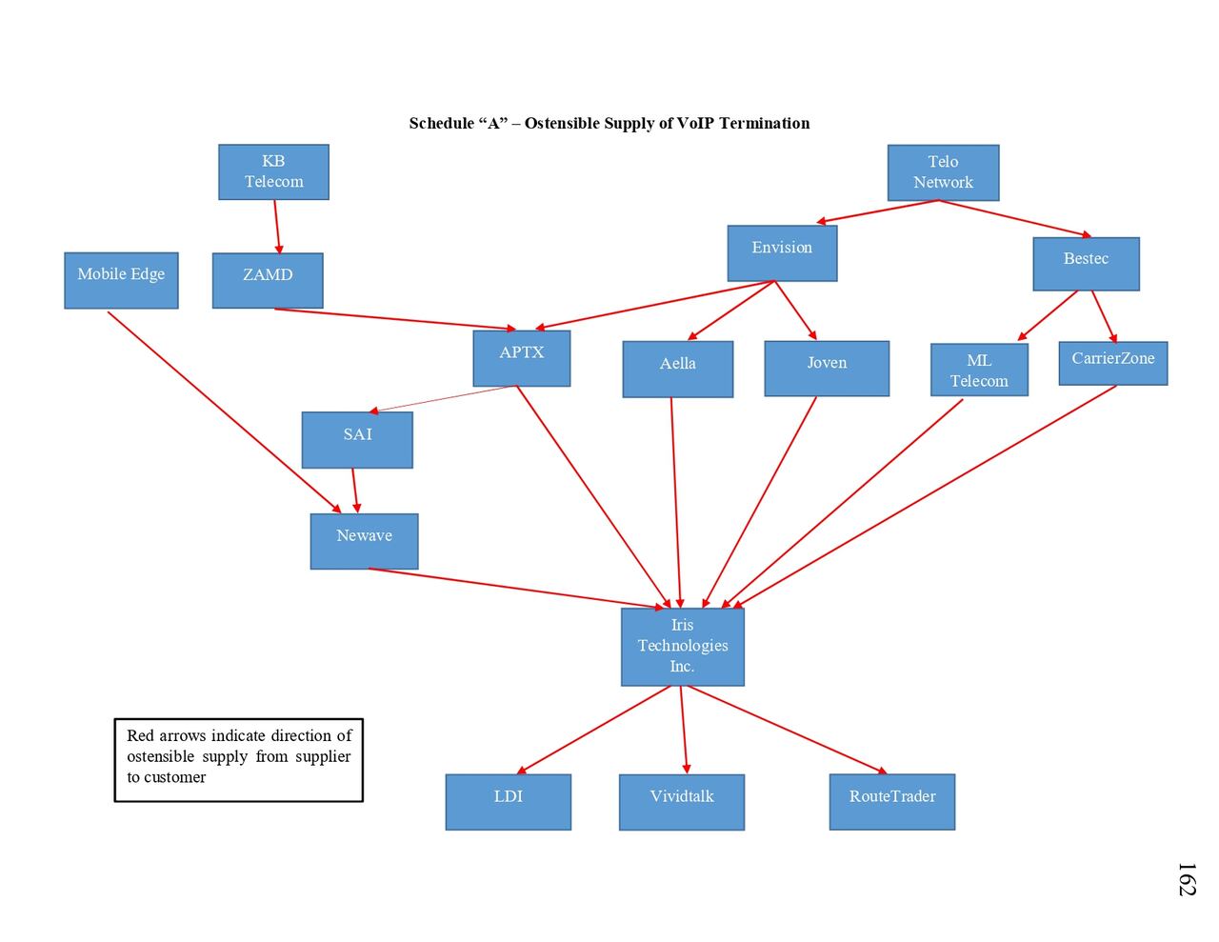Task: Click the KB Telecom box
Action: pyautogui.click(x=273, y=172)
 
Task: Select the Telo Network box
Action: pyautogui.click(x=943, y=172)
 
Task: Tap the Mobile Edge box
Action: pyautogui.click(x=121, y=280)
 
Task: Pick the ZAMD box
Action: pyautogui.click(x=268, y=280)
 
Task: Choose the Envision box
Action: pyautogui.click(x=782, y=253)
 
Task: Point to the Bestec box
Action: pyautogui.click(x=1086, y=264)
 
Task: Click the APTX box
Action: pyautogui.click(x=522, y=358)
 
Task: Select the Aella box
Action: pyautogui.click(x=678, y=369)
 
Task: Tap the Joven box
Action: pyautogui.click(x=827, y=369)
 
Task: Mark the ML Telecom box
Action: pyautogui.click(x=979, y=370)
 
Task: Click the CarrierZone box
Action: pyautogui.click(x=1112, y=363)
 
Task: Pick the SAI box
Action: pyautogui.click(x=357, y=440)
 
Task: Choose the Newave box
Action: pyautogui.click(x=364, y=541)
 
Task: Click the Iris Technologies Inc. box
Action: pyautogui.click(x=682, y=647)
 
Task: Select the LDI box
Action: pyautogui.click(x=509, y=801)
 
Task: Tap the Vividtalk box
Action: pyautogui.click(x=682, y=801)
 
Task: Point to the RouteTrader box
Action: pyautogui.click(x=892, y=801)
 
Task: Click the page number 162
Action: pyautogui.click(x=1186, y=879)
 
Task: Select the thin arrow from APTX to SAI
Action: pyautogui.click(x=444, y=399)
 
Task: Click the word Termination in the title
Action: pyautogui.click(x=764, y=123)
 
